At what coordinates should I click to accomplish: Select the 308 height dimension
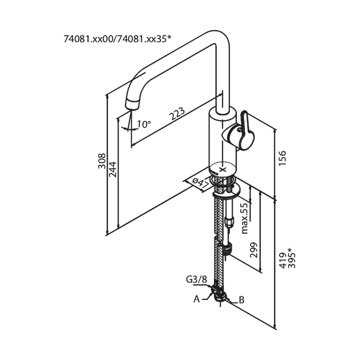coord(101,161)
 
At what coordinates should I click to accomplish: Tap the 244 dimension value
coord(112,171)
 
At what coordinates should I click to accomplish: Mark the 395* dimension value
coord(292,257)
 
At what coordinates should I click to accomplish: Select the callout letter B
coord(241,300)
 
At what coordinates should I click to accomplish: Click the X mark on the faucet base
coord(223,169)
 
